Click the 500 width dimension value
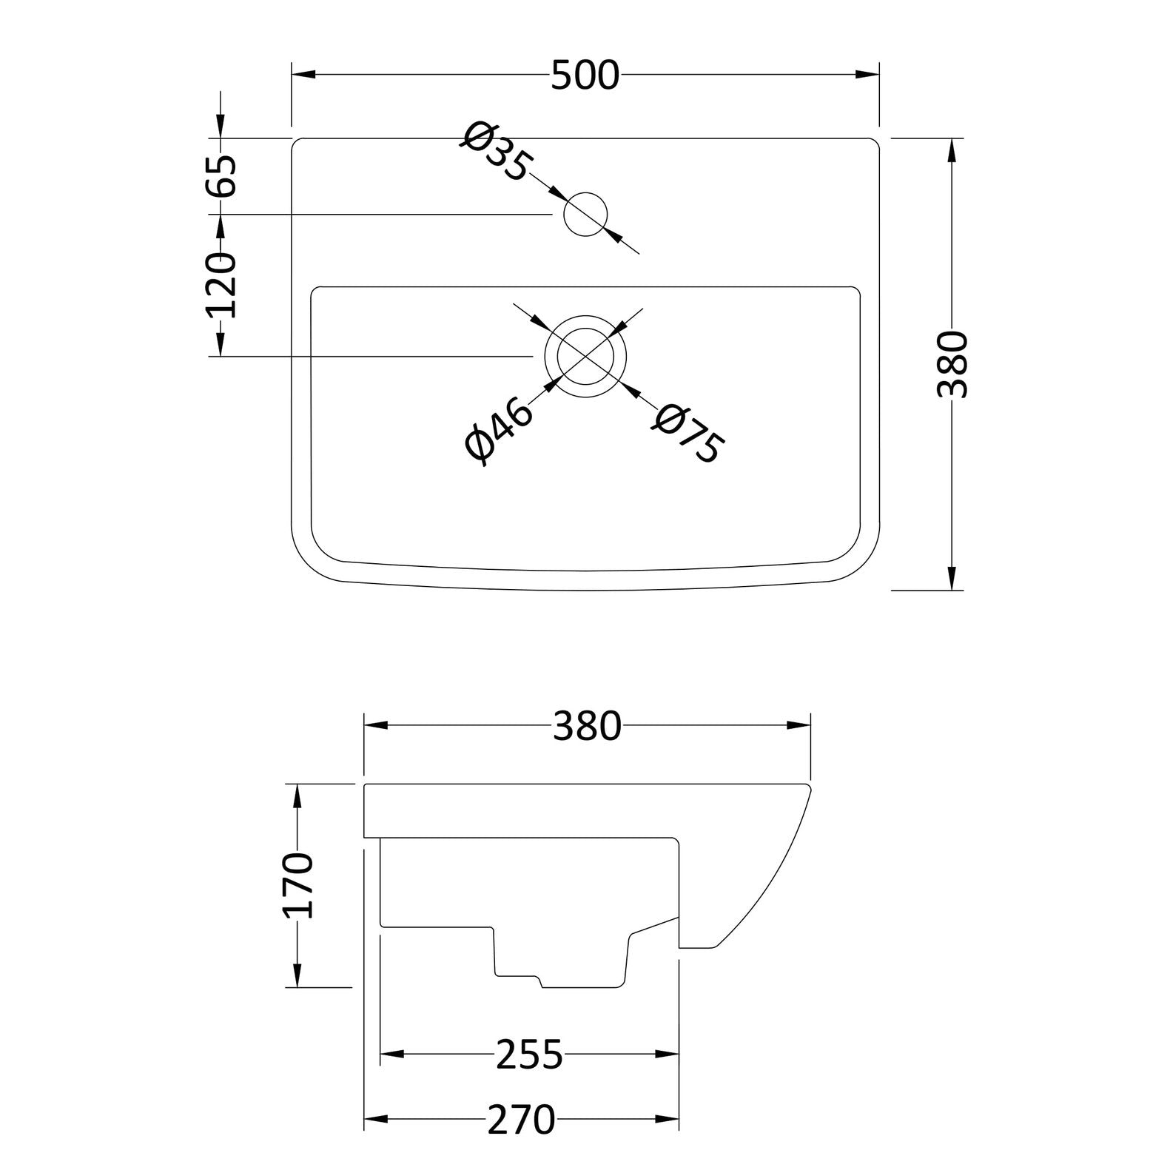click(x=585, y=75)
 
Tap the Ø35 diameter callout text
click(x=496, y=152)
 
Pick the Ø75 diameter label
click(x=685, y=433)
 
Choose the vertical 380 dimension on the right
click(x=952, y=364)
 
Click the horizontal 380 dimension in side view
click(x=587, y=726)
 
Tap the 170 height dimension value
click(x=299, y=885)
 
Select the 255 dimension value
click(x=530, y=1055)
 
